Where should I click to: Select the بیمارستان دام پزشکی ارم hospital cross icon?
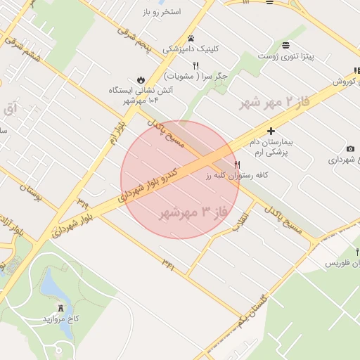pyautogui.click(x=271, y=131)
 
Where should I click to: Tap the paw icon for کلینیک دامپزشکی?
pyautogui.click(x=191, y=38)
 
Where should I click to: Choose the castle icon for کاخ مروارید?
pyautogui.click(x=60, y=308)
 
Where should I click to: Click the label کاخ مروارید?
pyautogui.click(x=61, y=319)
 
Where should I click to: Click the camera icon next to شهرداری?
pyautogui.click(x=350, y=149)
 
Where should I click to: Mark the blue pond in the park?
pyautogui.click(x=51, y=287)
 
